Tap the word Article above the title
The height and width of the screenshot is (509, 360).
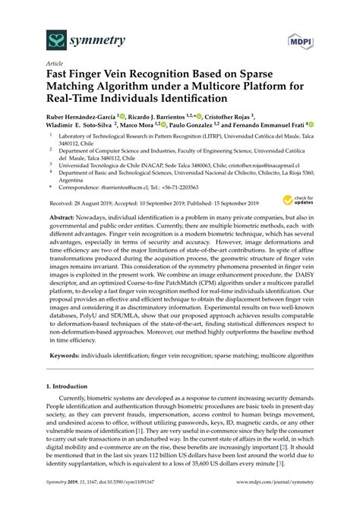pos(55,65)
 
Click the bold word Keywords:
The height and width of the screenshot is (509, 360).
pos(65,356)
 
